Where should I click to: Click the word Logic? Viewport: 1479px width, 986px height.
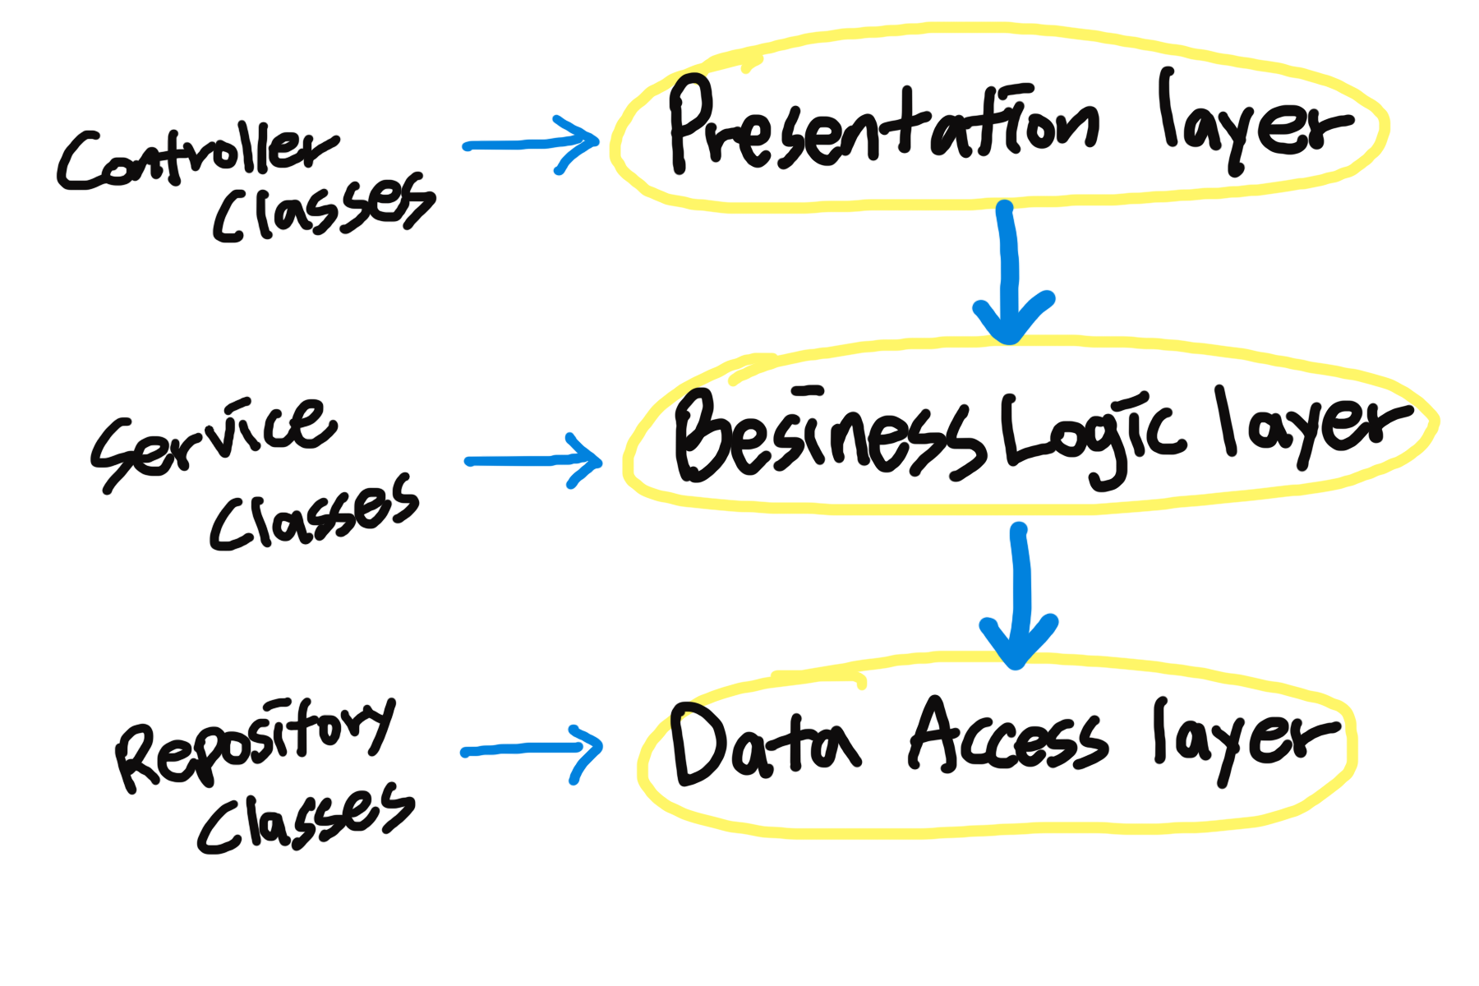(x=1093, y=435)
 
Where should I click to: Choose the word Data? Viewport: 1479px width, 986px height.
(x=764, y=744)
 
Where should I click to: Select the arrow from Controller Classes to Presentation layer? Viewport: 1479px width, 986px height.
(x=531, y=145)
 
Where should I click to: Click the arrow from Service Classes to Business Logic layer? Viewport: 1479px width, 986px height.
(x=533, y=461)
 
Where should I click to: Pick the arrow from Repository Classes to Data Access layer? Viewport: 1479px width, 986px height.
(x=531, y=750)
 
